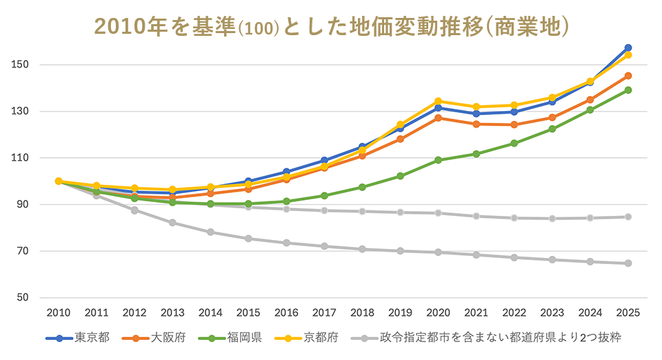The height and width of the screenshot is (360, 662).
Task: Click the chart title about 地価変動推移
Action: coord(331,26)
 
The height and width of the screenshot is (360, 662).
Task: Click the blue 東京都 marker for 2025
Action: coord(628,48)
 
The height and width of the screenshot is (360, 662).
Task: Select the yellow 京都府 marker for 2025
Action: coord(628,54)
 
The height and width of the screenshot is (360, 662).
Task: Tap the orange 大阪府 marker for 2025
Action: coord(628,76)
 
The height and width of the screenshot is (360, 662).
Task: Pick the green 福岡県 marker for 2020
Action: coord(439,160)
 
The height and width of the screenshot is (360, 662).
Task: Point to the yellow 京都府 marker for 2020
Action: coord(439,101)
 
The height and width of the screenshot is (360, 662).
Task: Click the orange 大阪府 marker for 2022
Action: coord(514,125)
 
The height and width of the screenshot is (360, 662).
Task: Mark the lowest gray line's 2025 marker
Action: coord(628,263)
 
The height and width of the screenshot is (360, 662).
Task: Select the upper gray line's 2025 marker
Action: coord(628,217)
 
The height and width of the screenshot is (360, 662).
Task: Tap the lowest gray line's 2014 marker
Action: coord(210,232)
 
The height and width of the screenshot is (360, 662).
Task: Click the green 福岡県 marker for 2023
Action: coord(552,129)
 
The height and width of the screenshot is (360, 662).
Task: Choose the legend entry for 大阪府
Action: coord(154,339)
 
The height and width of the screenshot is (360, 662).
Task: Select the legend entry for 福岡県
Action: coord(230,339)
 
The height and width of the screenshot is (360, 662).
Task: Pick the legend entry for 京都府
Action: coord(307,339)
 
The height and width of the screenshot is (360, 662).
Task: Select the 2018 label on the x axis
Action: coord(362,312)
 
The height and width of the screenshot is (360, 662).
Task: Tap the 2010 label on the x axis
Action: coord(59,312)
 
